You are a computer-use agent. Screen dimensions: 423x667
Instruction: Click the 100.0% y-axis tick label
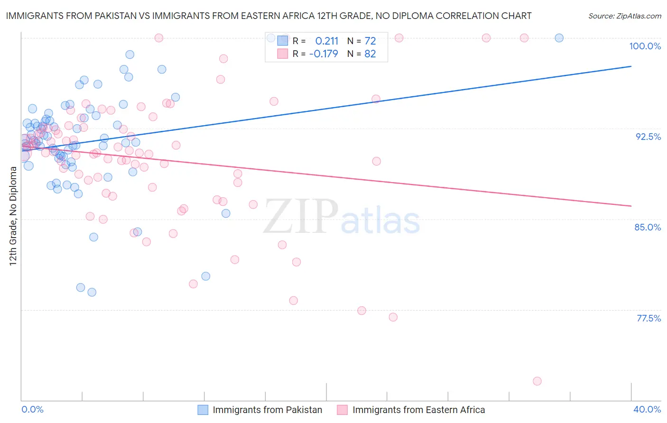pos(645,46)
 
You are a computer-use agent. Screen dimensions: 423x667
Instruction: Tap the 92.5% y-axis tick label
pos(648,137)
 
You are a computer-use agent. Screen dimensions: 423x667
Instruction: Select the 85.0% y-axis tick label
pos(648,227)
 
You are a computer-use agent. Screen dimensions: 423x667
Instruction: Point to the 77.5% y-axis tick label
pos(648,318)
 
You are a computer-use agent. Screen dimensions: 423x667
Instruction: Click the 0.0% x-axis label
pos(32,409)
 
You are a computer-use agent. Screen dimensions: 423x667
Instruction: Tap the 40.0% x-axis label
pos(647,409)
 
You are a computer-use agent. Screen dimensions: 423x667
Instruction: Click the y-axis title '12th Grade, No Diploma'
pos(13,216)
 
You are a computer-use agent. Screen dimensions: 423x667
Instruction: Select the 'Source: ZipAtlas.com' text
pos(624,16)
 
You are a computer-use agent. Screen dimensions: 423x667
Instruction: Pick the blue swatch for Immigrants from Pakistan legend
pos(203,410)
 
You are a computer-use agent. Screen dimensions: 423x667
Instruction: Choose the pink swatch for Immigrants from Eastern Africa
pos(342,410)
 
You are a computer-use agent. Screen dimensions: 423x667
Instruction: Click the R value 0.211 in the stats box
pos(326,41)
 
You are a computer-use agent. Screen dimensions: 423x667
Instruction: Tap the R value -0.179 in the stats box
pos(323,54)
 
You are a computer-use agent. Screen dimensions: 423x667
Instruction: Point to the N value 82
pos(370,54)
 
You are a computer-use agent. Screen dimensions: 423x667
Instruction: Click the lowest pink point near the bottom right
pos(537,381)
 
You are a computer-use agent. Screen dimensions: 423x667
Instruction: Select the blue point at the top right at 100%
pos(559,38)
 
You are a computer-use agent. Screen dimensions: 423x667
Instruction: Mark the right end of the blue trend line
pos(631,66)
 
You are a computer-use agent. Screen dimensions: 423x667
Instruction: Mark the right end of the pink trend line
pos(631,206)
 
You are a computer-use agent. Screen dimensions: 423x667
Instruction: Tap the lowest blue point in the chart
pos(92,292)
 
